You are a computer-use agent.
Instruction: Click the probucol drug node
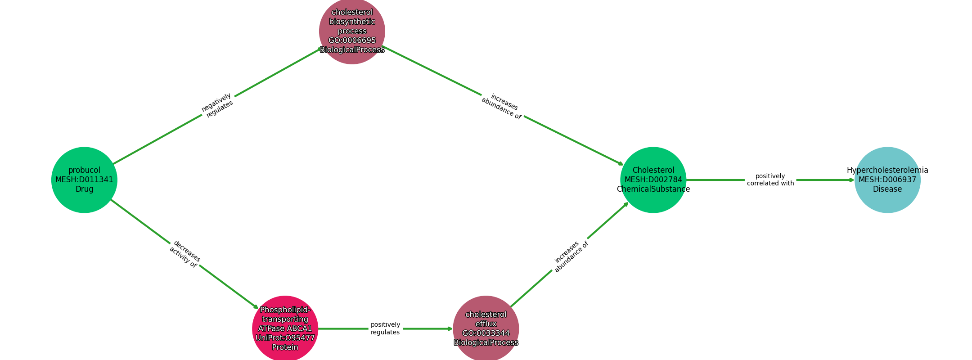tap(84, 180)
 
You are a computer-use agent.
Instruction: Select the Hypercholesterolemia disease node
tap(887, 180)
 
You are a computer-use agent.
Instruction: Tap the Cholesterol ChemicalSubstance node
tap(653, 180)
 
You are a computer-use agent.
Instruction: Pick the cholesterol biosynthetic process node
tap(352, 31)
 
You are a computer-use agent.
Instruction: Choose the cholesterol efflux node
tap(486, 329)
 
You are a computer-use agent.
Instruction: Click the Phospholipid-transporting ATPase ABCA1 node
tap(285, 329)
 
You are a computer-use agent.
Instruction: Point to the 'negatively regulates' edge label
tap(217, 106)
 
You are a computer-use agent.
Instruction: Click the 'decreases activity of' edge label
tap(185, 254)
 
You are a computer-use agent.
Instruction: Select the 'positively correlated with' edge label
tap(770, 180)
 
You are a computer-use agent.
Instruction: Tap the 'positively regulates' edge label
tap(385, 329)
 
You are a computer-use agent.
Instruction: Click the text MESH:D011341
tap(84, 180)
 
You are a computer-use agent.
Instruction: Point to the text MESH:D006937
tap(887, 180)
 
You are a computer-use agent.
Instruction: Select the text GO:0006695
tap(352, 40)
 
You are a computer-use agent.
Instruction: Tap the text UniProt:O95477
tap(285, 338)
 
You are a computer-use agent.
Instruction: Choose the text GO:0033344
tap(486, 333)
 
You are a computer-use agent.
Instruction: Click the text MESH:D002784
tap(653, 180)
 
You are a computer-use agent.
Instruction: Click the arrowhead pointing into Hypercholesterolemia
tap(851, 180)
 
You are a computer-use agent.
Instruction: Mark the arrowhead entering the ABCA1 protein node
tap(256, 307)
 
